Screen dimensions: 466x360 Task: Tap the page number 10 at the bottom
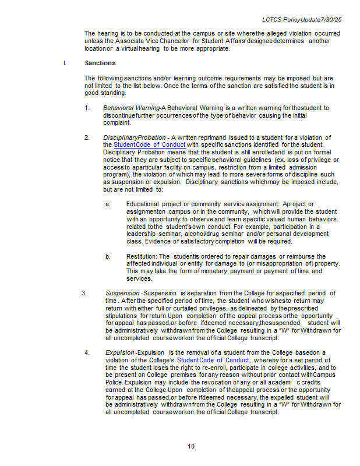point(191,446)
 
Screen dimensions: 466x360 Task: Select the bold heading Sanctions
point(100,63)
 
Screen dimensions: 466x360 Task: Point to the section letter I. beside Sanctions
point(65,63)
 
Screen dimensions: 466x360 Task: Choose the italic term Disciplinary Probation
point(129,137)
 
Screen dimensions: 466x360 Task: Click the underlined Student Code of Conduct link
point(150,144)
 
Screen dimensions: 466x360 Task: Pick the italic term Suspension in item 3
point(122,292)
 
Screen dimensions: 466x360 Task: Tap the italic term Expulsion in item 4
point(119,352)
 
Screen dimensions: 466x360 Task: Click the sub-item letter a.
point(108,204)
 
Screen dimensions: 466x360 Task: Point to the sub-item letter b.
point(108,256)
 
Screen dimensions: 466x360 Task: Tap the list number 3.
point(84,292)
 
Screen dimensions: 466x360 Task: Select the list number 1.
point(86,108)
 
